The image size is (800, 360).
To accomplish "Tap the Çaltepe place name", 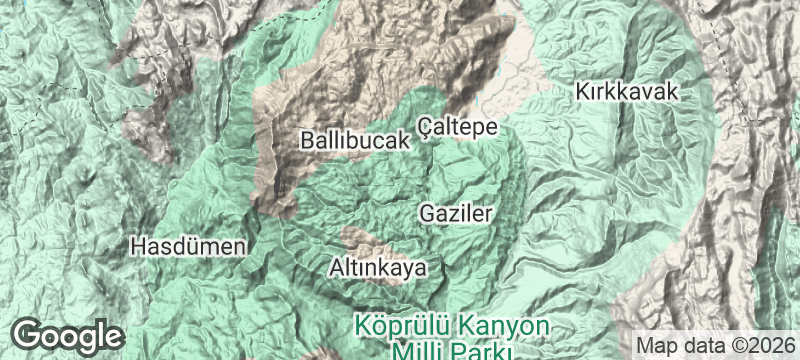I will [x=457, y=126].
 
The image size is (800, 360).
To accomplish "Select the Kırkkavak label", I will [x=627, y=92].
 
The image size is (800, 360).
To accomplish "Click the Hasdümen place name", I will [x=189, y=246].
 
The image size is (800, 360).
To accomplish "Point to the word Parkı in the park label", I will [x=477, y=351].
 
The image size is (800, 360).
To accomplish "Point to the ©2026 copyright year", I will [x=763, y=343].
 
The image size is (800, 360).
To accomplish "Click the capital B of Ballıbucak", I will [x=307, y=141].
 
